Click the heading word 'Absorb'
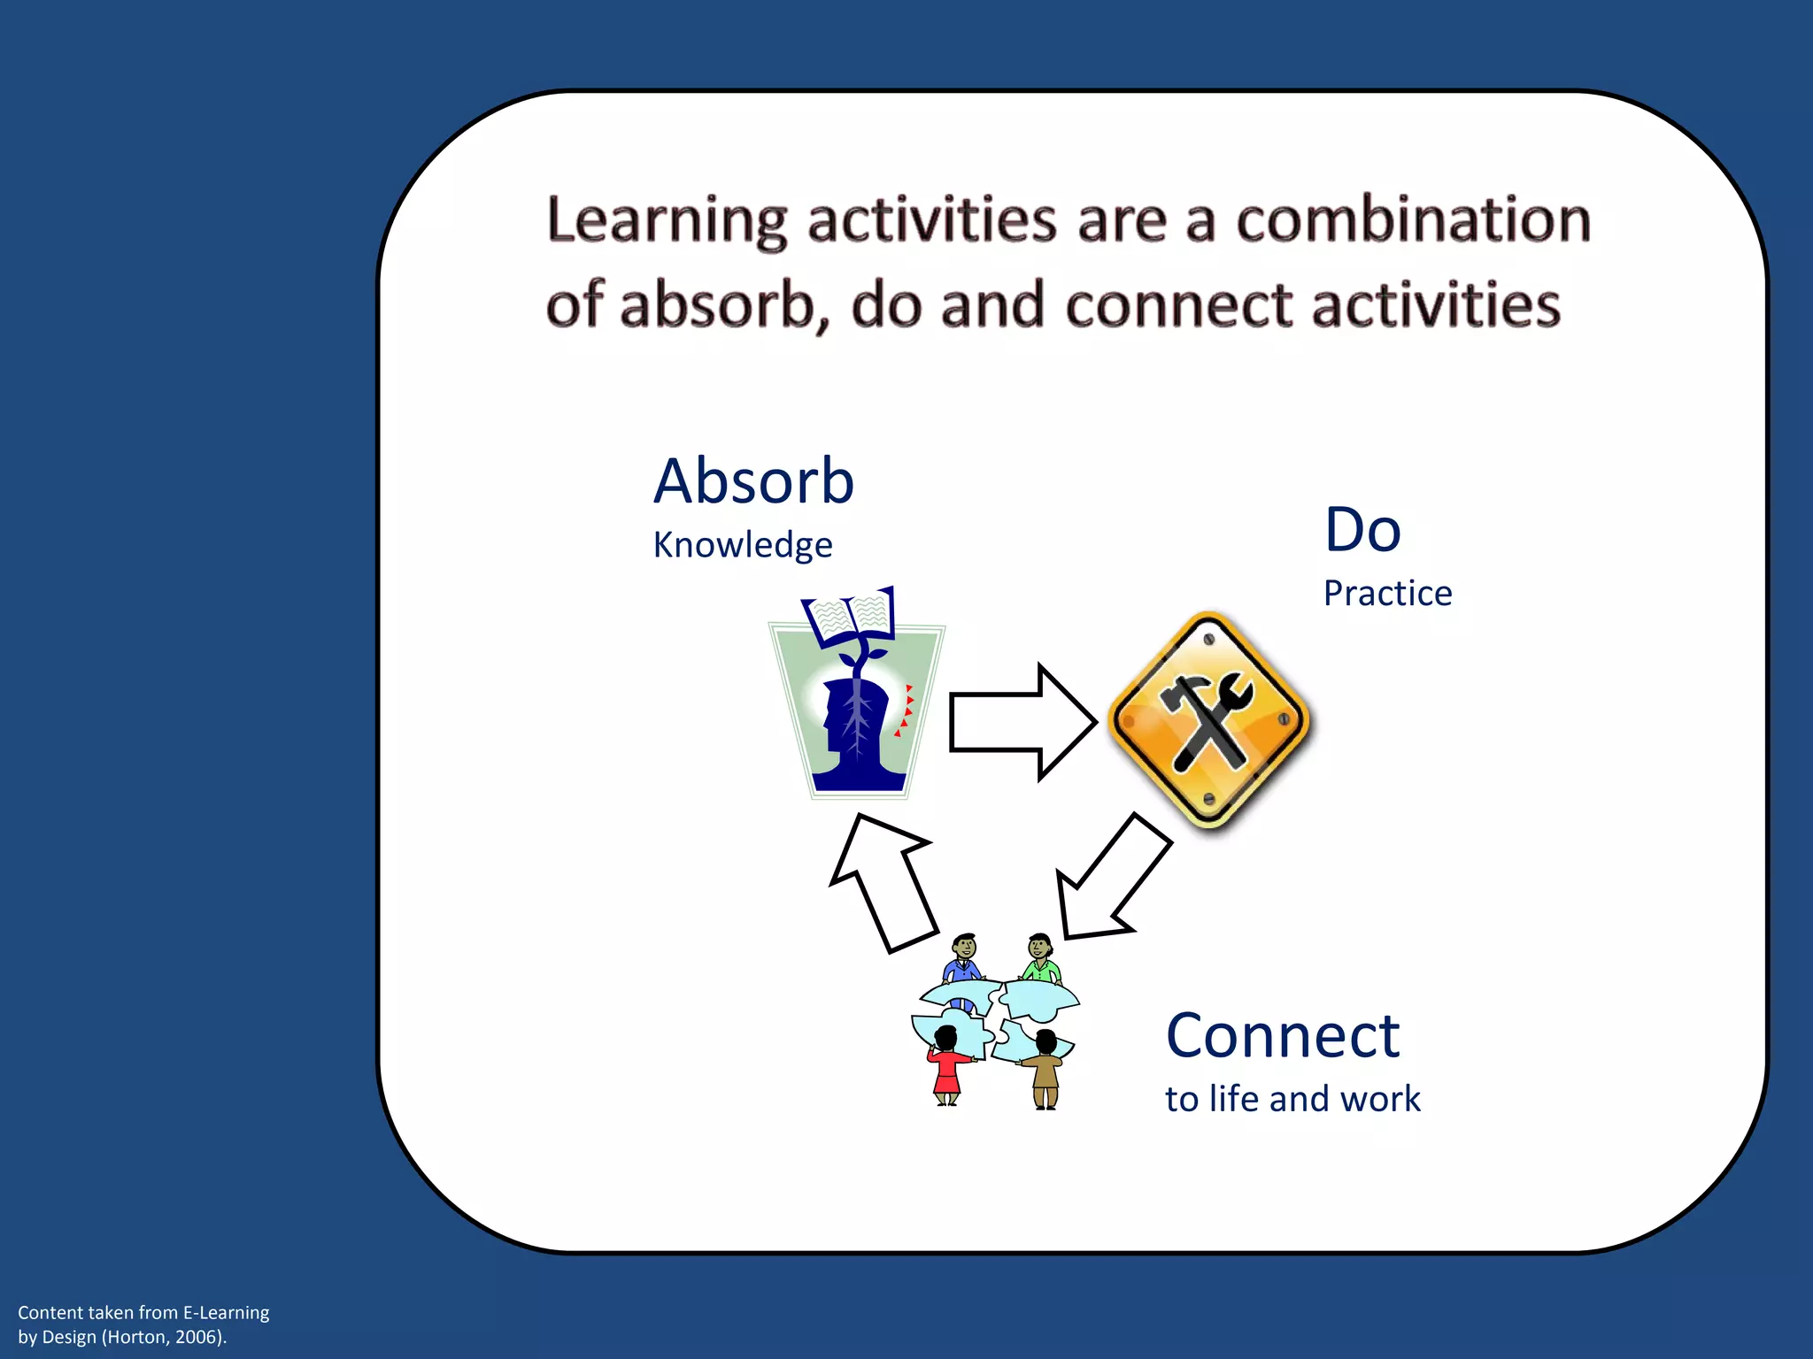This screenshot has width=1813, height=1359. [x=753, y=482]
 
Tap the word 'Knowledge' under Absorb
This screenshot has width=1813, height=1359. [x=742, y=545]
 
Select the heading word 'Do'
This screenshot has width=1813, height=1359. [x=1362, y=530]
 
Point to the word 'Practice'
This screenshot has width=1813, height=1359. [x=1387, y=593]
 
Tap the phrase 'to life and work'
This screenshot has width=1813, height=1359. [x=1292, y=1099]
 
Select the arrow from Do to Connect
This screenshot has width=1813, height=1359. [x=1111, y=881]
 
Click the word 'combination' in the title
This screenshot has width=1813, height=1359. [x=1413, y=220]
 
